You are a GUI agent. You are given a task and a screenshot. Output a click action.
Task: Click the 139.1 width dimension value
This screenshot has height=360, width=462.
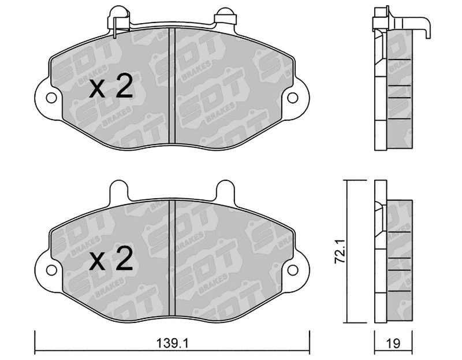click(172, 343)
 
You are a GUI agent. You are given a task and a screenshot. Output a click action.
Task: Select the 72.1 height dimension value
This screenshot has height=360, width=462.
click(340, 251)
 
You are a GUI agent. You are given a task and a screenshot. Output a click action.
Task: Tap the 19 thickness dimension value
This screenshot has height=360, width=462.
click(393, 343)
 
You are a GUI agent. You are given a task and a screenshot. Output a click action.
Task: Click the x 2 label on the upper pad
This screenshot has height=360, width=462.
click(111, 86)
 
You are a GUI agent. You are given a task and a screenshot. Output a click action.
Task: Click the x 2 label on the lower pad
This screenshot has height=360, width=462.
click(111, 258)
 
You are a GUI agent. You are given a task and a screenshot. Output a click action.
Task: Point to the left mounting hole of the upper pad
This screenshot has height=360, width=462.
click(51, 98)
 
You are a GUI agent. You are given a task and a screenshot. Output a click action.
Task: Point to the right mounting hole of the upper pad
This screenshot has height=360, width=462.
click(293, 98)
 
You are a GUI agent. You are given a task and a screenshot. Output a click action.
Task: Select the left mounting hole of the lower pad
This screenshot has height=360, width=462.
click(51, 270)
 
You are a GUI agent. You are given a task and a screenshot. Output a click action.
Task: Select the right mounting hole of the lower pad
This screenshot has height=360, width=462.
click(293, 270)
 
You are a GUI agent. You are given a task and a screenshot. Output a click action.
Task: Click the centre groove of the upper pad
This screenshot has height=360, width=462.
click(172, 86)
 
